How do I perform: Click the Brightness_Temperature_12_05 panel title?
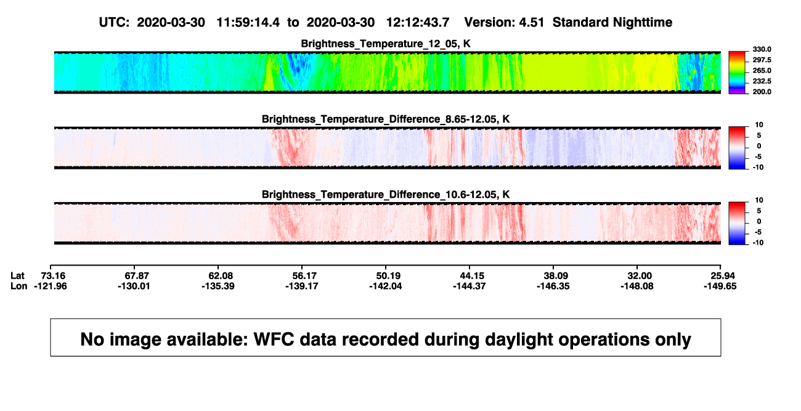(386, 44)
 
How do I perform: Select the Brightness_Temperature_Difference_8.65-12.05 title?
(386, 119)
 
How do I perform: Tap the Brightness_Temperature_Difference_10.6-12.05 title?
(386, 195)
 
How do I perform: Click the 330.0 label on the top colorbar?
(762, 49)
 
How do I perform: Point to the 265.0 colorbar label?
(762, 70)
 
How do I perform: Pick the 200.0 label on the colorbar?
(762, 92)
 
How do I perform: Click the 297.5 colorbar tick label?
(762, 60)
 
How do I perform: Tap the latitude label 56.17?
(304, 276)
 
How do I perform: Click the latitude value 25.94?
(723, 276)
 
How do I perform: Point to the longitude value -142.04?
(386, 286)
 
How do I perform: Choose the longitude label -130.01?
(134, 286)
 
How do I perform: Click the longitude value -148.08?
(637, 286)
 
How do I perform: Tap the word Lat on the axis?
(17, 276)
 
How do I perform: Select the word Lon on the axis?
(19, 286)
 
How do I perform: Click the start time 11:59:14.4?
(248, 23)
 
